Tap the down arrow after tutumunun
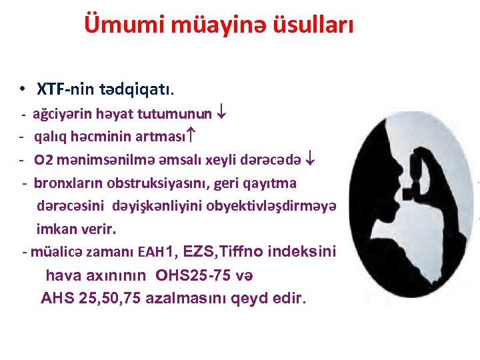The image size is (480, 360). [x=223, y=113]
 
